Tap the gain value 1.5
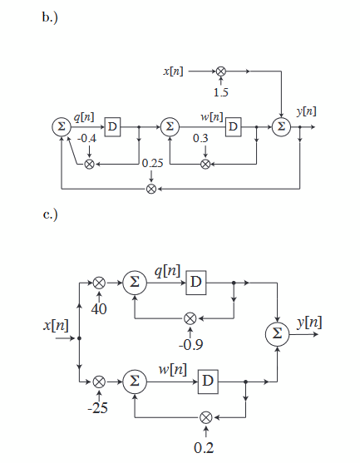tap(221, 91)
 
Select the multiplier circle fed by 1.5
tap(221, 72)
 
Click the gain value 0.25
tap(151, 163)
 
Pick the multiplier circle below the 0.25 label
tap(151, 189)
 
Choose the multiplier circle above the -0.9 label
tap(190, 318)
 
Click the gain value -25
tap(99, 408)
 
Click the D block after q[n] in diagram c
tap(195, 283)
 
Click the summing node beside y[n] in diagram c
tap(276, 333)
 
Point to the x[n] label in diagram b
tap(175, 73)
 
